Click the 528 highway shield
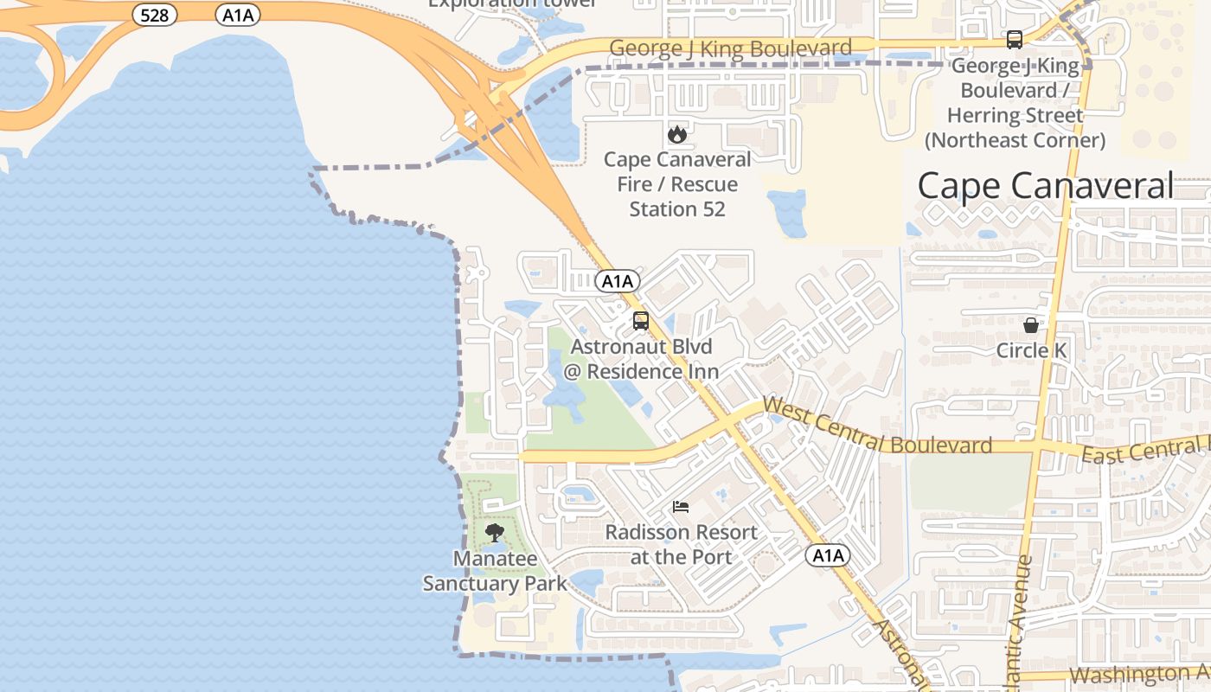point(155,14)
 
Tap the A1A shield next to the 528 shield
point(238,14)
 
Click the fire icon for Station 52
point(676,134)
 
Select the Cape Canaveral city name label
point(1046,186)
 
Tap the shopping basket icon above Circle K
point(1031,325)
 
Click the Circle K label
point(1031,350)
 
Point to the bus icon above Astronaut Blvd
point(641,321)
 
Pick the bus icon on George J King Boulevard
point(1014,40)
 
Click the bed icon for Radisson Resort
point(681,507)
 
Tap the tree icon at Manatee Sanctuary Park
point(494,533)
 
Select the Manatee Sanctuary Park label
point(495,571)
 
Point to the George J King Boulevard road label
point(730,48)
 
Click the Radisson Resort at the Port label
point(681,544)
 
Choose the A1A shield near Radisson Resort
point(827,555)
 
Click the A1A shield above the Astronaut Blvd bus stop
point(618,281)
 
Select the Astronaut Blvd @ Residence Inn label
point(641,359)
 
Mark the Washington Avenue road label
point(1140,674)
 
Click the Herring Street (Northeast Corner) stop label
point(1015,103)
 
